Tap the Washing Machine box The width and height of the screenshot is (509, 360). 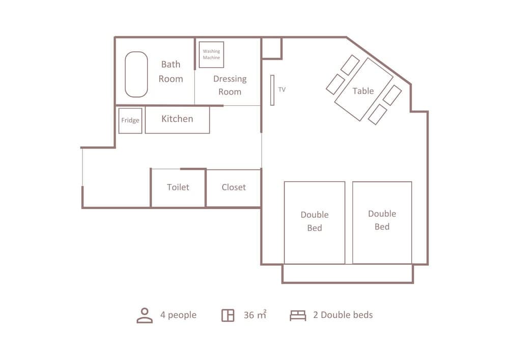click(211, 54)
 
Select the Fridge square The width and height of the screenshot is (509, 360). click(130, 121)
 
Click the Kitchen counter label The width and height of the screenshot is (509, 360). click(177, 119)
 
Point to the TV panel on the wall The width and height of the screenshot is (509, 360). click(272, 90)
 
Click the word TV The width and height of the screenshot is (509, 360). click(282, 90)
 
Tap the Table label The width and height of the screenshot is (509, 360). click(363, 91)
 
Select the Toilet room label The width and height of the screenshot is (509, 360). click(178, 187)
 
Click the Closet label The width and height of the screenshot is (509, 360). click(234, 187)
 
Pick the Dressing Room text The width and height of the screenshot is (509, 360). click(230, 85)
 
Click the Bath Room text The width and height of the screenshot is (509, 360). click(171, 71)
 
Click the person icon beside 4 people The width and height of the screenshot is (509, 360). click(145, 315)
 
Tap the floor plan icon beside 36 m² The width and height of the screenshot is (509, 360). click(228, 315)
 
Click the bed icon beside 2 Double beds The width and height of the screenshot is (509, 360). click(298, 316)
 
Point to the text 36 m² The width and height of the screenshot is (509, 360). click(255, 315)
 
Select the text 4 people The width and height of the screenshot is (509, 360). click(178, 315)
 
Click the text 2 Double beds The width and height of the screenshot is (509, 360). click(343, 315)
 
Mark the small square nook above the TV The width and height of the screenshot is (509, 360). click(271, 48)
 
